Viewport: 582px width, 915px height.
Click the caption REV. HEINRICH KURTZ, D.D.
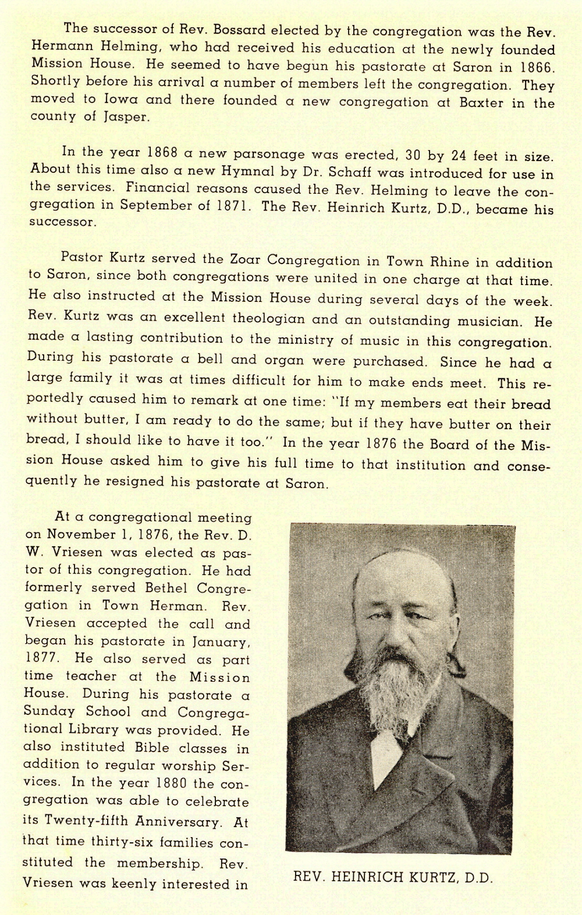[393, 877]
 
